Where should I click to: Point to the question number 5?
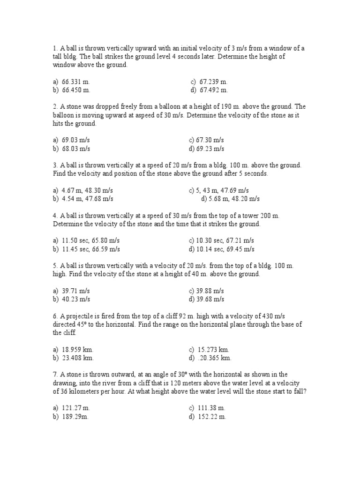[x=55, y=266]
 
